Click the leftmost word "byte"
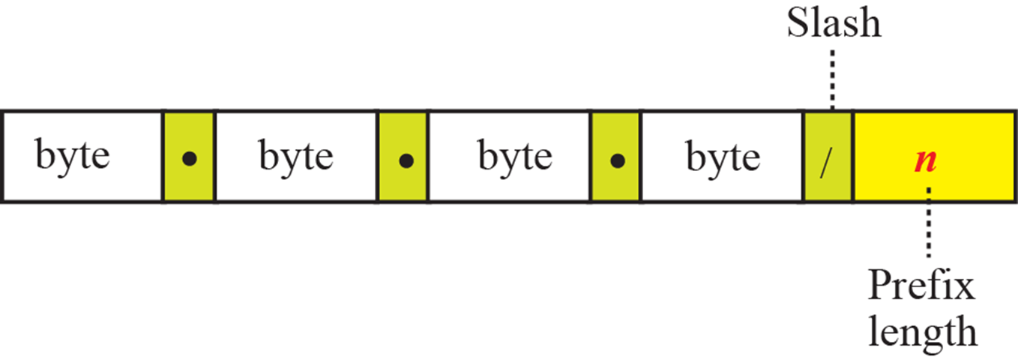point(73,157)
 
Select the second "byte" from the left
point(296,157)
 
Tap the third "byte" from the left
point(515,157)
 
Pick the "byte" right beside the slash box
point(723,157)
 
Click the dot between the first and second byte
point(190,160)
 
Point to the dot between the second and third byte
point(405,160)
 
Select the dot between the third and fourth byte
point(617,160)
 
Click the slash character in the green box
point(827,159)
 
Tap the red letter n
point(927,160)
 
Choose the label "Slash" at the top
point(834,24)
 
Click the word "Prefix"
point(921,287)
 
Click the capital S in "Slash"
point(796,24)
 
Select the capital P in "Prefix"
point(879,287)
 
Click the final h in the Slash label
point(870,24)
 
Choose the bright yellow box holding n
point(967,135)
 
